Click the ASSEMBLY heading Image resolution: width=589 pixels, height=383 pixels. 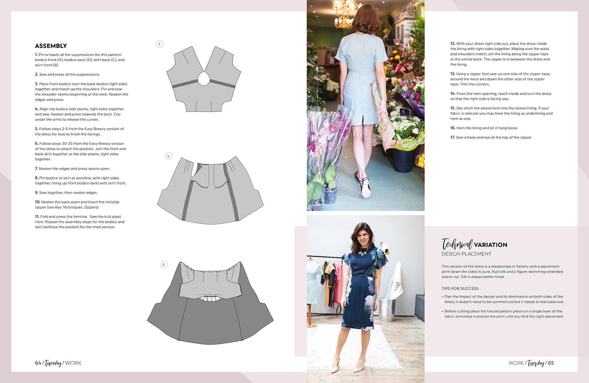(51, 46)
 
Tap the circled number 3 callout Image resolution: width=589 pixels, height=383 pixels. (159, 44)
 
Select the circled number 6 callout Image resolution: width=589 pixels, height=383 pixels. (169, 156)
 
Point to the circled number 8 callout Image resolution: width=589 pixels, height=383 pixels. (163, 265)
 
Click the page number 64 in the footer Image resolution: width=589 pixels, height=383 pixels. (38, 363)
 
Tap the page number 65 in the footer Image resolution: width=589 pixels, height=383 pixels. (550, 363)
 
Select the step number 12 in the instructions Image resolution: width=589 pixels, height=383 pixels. (453, 44)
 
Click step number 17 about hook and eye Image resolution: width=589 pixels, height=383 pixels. (453, 137)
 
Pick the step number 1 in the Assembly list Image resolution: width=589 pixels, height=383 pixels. (36, 55)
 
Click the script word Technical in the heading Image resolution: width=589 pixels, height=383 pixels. (457, 244)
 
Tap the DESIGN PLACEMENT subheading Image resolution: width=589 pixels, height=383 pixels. (466, 254)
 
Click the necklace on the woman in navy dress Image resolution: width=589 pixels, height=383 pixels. (364, 251)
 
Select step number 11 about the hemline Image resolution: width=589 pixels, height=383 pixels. (37, 216)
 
